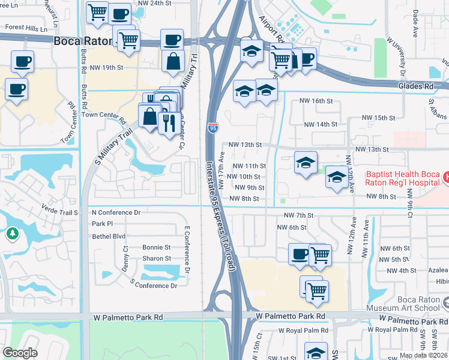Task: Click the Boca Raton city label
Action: tap(83, 41)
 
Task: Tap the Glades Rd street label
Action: tap(415, 86)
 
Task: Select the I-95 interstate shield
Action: tap(213, 127)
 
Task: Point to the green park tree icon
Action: tap(13, 233)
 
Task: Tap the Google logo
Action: tap(20, 353)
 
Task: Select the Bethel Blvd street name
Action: tap(109, 236)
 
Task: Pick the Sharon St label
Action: tap(157, 259)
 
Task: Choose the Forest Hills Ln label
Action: tap(26, 28)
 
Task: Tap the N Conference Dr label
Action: tap(115, 212)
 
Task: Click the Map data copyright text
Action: tap(423, 355)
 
